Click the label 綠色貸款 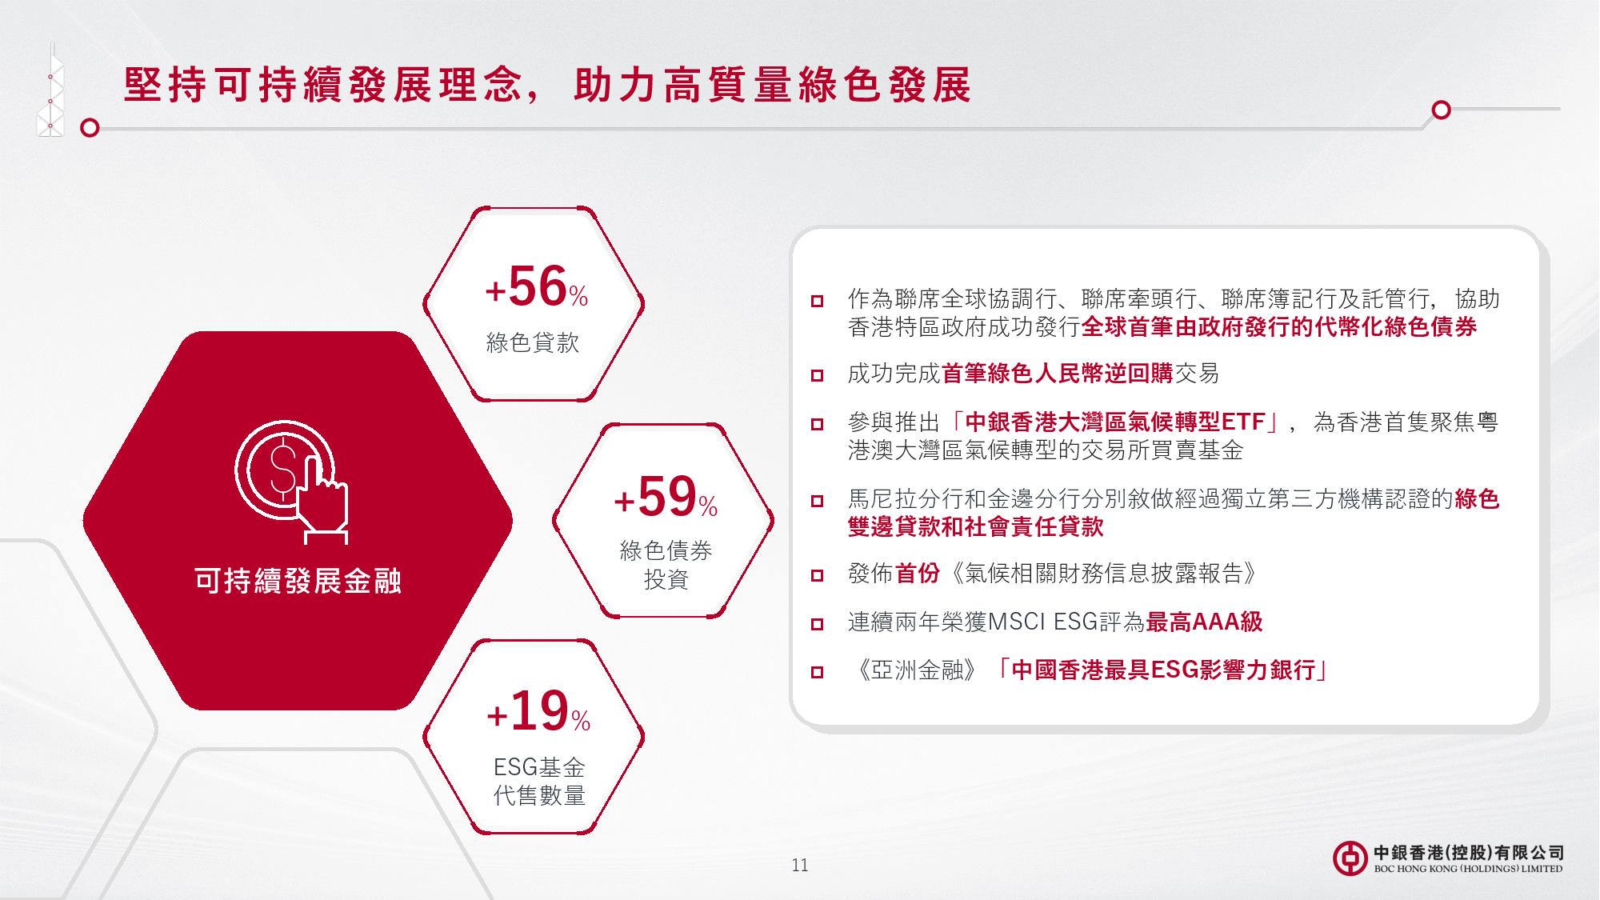click(x=533, y=343)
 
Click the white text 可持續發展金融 click(x=298, y=582)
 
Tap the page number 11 click(x=799, y=865)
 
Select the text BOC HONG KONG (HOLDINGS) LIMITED click(x=1467, y=869)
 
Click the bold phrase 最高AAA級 click(x=1204, y=622)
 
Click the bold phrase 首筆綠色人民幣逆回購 click(x=1057, y=373)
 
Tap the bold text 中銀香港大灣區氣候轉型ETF click(x=1115, y=422)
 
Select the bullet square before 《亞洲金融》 click(x=817, y=671)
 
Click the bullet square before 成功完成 click(x=817, y=374)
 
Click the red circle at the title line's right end click(x=1441, y=110)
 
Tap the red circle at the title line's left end click(x=90, y=128)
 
